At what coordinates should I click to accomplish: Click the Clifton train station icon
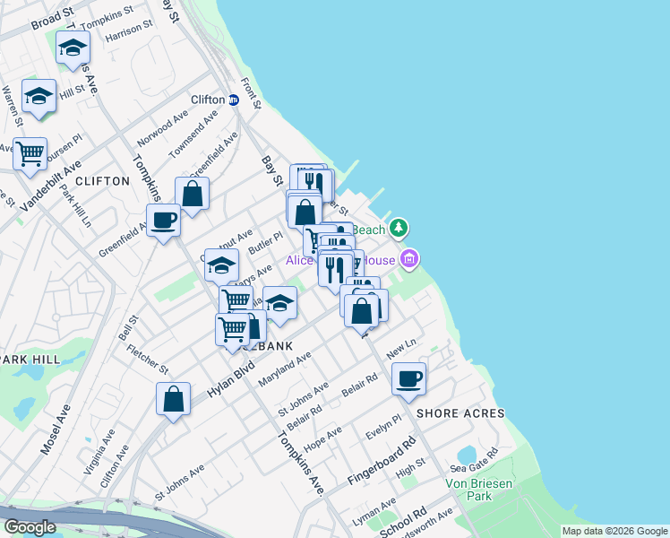point(233,100)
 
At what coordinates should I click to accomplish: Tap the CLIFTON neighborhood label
point(103,181)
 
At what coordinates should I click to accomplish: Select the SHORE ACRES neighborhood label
point(460,413)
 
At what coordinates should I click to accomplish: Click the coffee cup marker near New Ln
point(409,378)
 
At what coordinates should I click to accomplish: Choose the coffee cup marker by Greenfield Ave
point(164,220)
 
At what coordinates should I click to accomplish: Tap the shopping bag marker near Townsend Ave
point(192,193)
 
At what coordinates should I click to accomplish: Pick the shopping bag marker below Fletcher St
point(174,399)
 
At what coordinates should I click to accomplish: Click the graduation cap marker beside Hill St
point(39,97)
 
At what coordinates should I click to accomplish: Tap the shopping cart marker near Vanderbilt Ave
point(30,153)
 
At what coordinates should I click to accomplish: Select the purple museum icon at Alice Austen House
point(410,260)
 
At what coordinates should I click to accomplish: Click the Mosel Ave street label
point(55,428)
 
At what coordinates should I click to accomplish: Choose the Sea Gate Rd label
point(473,461)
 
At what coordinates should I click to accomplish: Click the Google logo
point(30,526)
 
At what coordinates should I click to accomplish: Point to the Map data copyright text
point(614,531)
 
